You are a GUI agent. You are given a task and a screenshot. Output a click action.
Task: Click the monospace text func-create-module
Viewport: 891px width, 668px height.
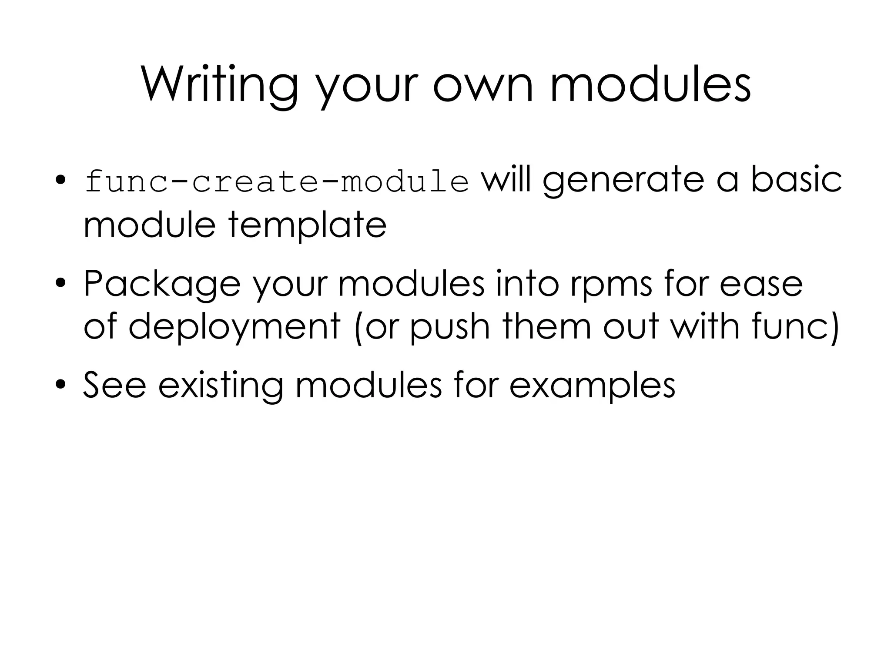click(277, 181)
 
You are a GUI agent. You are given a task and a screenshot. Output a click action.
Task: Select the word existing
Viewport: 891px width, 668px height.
click(220, 386)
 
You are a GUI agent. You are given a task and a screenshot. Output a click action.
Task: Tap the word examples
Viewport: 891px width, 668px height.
click(592, 386)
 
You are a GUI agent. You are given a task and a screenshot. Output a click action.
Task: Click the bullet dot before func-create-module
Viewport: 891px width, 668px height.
click(60, 180)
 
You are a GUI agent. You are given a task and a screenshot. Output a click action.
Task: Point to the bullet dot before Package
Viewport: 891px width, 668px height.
click(60, 283)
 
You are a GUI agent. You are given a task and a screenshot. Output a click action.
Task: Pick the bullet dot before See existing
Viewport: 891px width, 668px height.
click(60, 384)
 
